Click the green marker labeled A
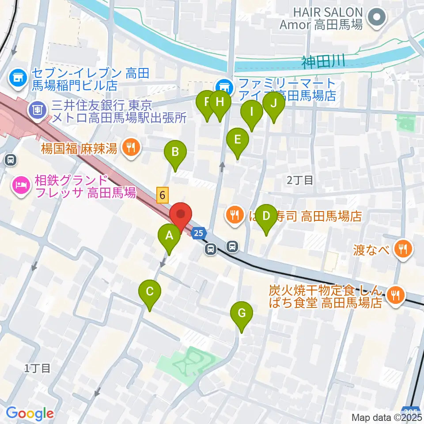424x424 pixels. (169, 236)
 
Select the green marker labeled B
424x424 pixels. (175, 152)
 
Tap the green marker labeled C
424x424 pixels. (149, 292)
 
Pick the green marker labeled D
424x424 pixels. (266, 216)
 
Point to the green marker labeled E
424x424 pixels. (237, 140)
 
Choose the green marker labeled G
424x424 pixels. (242, 314)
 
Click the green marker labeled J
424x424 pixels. (273, 104)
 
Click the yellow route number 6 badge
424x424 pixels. (163, 194)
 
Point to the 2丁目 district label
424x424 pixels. (299, 179)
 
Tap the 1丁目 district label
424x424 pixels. (38, 367)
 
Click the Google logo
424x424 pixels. (30, 413)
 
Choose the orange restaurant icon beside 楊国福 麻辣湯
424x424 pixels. (130, 147)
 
